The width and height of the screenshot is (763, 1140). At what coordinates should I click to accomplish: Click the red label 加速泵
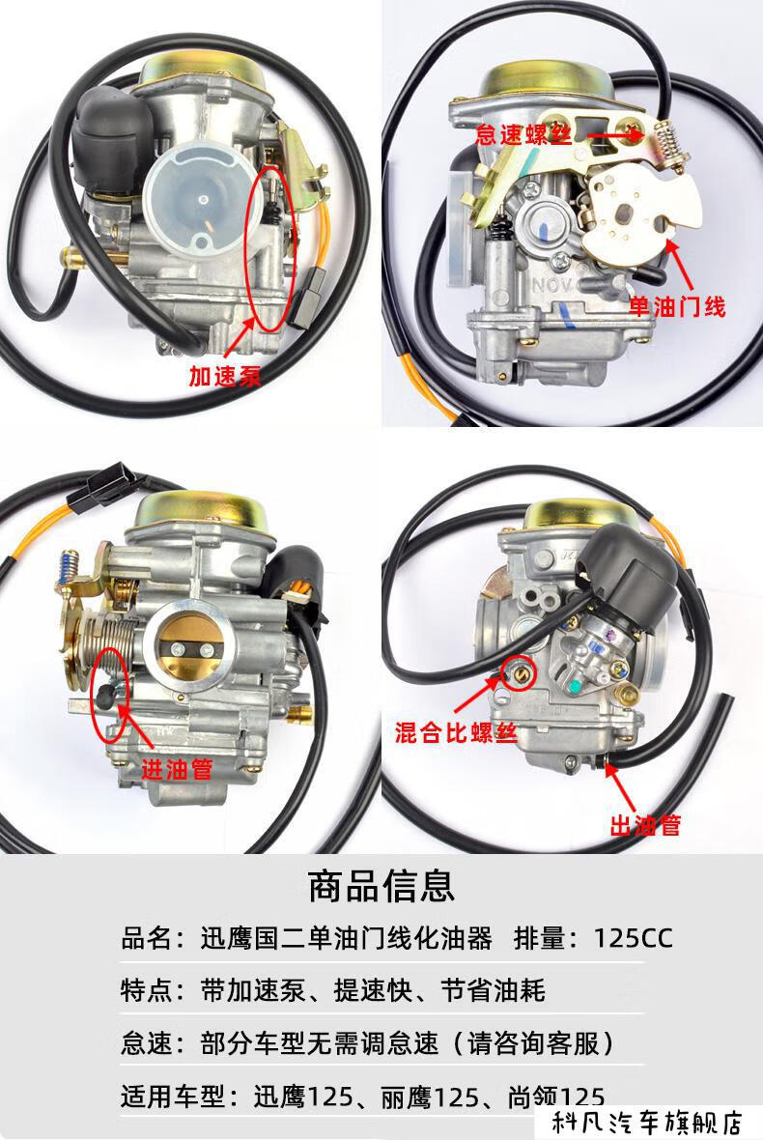click(225, 376)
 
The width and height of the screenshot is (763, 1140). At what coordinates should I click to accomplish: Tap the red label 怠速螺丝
click(523, 134)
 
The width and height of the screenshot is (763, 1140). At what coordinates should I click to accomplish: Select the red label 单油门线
click(677, 307)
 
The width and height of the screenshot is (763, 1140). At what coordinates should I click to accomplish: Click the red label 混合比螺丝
click(450, 731)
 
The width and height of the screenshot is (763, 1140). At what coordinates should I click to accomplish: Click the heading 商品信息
click(381, 884)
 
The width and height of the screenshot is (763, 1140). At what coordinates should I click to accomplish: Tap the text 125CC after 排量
click(633, 938)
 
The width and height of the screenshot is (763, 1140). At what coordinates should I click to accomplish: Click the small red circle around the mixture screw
click(523, 675)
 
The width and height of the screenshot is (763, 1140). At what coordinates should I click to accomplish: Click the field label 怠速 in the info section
click(146, 1043)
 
